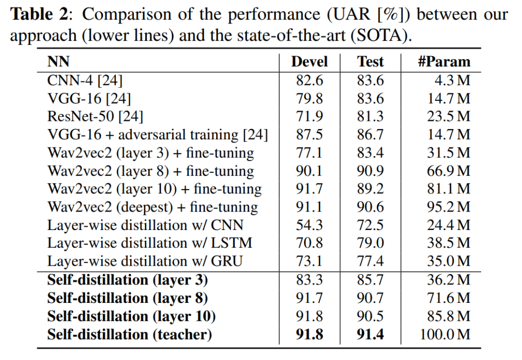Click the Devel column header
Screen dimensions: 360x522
[x=309, y=62]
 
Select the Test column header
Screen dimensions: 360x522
[x=370, y=62]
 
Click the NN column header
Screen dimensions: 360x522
[x=58, y=62]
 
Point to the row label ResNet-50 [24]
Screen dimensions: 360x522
[x=95, y=116]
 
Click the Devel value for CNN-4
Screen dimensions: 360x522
[x=309, y=81]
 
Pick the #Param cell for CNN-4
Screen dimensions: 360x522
[x=449, y=81]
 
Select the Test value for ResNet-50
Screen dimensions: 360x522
[x=370, y=116]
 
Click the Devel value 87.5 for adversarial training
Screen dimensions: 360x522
[x=309, y=135]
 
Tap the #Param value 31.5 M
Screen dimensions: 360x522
[x=449, y=152]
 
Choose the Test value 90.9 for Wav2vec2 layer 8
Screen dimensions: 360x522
[x=370, y=171]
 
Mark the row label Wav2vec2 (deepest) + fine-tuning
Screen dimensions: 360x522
[x=153, y=207]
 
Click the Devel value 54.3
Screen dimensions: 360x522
[x=309, y=225]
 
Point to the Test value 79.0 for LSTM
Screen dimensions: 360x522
[x=370, y=243]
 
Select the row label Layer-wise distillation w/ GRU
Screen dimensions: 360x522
[x=145, y=262]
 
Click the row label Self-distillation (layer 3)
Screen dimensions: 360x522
[x=127, y=280]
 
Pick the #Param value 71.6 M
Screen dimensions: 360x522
[x=449, y=298]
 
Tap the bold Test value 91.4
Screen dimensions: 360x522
[x=370, y=335]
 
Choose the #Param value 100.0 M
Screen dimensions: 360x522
[x=445, y=335]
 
